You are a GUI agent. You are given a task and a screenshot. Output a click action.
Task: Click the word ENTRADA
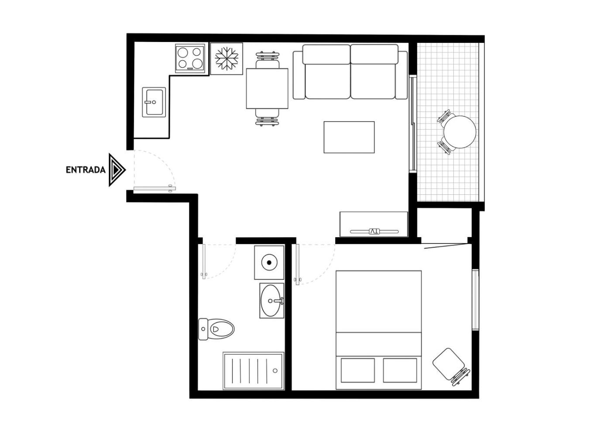tap(86, 170)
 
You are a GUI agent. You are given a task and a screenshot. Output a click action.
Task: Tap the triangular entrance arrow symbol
tap(117, 170)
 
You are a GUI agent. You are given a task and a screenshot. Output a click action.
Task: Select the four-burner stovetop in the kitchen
tap(190, 58)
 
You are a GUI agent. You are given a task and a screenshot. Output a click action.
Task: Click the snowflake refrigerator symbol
tap(227, 59)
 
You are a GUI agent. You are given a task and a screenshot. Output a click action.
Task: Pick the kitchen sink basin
tap(154, 102)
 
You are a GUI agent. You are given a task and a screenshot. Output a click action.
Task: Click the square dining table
tap(267, 89)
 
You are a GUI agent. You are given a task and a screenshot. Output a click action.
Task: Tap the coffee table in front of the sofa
tap(349, 137)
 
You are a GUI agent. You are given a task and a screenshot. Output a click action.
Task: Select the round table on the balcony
tap(460, 132)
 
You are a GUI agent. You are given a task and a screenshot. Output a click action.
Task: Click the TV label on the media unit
tap(374, 232)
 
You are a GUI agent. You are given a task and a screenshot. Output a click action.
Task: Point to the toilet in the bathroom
tap(216, 329)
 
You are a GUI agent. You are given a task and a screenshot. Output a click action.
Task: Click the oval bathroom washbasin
tap(271, 301)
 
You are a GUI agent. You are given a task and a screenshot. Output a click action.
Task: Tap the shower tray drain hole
tap(275, 370)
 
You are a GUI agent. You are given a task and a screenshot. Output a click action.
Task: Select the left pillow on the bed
tap(357, 370)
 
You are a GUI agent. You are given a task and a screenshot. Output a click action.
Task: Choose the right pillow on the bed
tap(400, 370)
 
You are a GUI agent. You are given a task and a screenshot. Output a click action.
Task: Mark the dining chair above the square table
tap(267, 60)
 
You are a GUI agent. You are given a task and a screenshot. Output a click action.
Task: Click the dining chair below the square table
tap(267, 118)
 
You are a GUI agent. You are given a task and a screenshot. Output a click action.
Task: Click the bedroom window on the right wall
tap(475, 300)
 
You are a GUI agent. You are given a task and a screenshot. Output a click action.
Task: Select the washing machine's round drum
tap(269, 263)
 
